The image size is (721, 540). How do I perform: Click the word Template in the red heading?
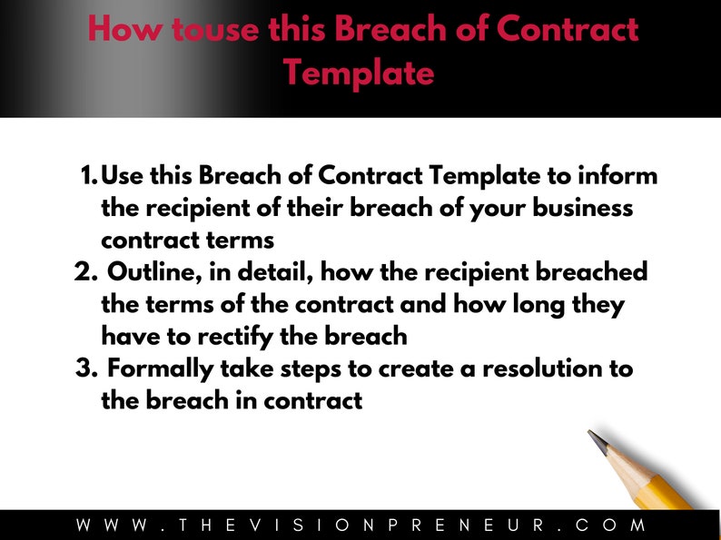358,73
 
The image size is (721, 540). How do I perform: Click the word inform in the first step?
615,175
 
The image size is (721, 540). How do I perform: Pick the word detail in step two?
266,273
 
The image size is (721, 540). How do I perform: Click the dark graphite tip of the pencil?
598,441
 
